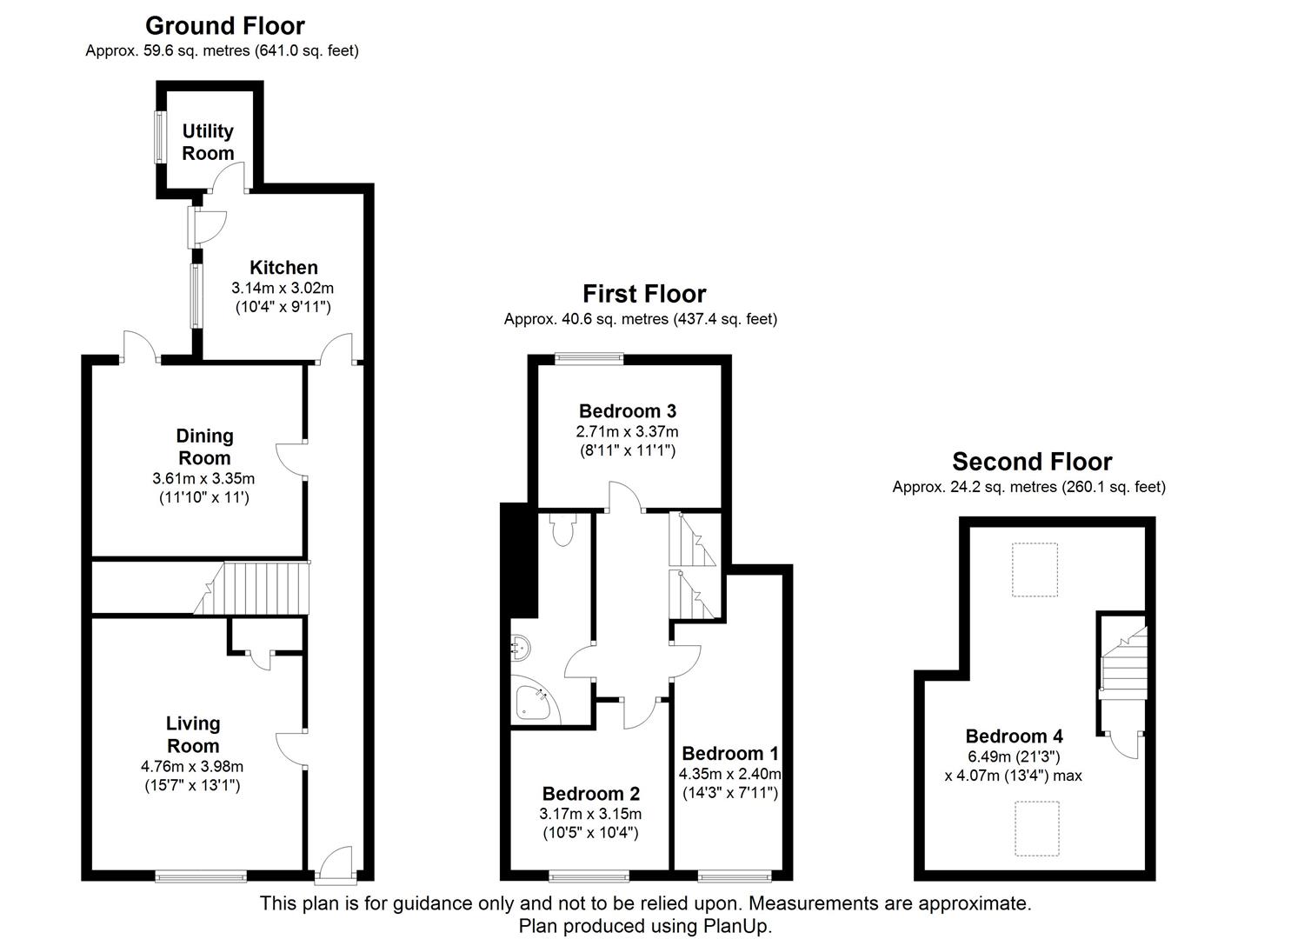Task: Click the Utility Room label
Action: (208, 142)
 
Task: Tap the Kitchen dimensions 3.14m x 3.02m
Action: (283, 288)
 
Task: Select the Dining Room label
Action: (204, 447)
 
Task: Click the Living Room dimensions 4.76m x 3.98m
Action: (192, 767)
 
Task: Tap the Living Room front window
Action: (201, 876)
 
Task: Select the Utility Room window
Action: (160, 137)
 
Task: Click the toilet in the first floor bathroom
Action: (563, 529)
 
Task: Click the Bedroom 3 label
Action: (627, 411)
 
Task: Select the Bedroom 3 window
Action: (589, 356)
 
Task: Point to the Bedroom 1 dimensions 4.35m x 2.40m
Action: (729, 774)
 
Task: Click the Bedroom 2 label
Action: (590, 794)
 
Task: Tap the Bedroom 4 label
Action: (1014, 736)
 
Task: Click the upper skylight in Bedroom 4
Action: (1034, 569)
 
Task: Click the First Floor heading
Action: (644, 294)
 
